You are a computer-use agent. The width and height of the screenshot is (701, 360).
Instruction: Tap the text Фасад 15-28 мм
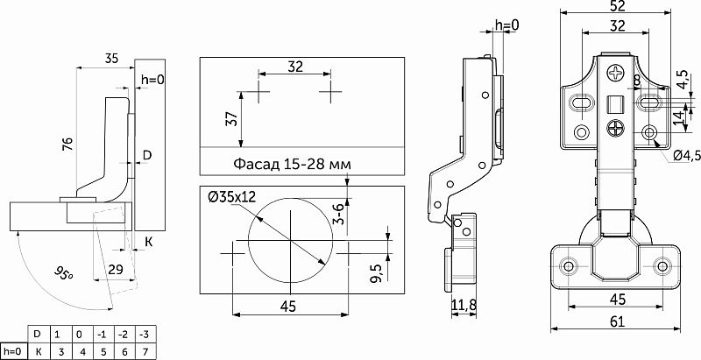(x=291, y=164)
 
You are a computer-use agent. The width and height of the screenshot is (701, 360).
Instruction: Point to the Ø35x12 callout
(x=232, y=197)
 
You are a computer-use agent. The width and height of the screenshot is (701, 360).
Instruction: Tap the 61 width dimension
(x=617, y=321)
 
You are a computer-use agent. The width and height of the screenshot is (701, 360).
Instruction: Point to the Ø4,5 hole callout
(x=687, y=156)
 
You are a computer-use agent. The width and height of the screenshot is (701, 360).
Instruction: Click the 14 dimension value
(x=677, y=117)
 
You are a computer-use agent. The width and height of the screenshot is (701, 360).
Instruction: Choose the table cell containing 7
(x=144, y=350)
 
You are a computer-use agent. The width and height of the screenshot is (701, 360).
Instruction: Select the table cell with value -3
(x=144, y=334)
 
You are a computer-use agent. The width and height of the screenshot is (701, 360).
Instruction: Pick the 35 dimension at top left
(x=110, y=60)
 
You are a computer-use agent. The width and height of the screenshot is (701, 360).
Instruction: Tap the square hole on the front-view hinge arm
(x=615, y=104)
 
